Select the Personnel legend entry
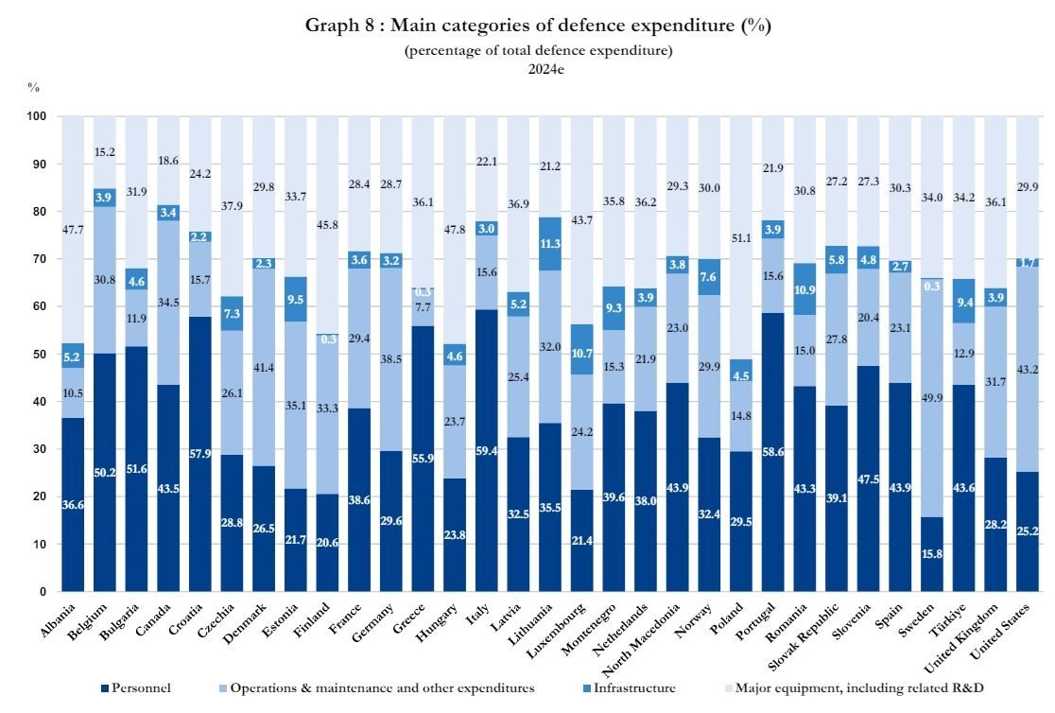[x=141, y=687]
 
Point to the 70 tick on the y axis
[x=39, y=259]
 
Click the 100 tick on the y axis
[x=36, y=116]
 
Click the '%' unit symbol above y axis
[x=33, y=87]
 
